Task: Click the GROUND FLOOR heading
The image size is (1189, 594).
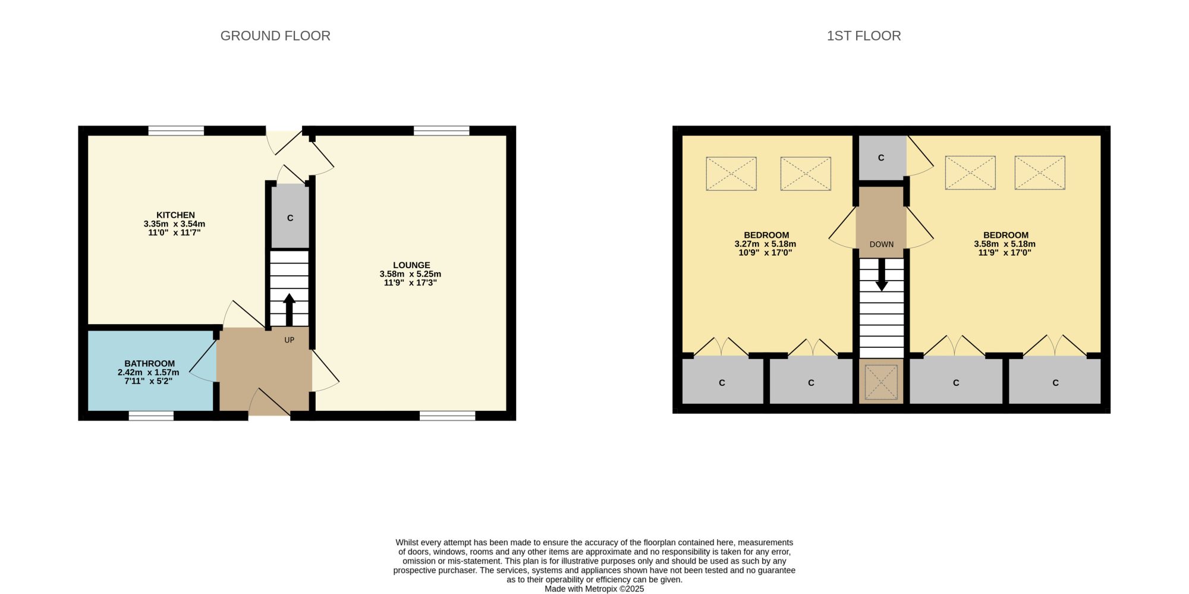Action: (275, 36)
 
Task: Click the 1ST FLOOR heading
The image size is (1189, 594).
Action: (864, 36)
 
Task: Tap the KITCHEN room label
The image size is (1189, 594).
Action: (175, 215)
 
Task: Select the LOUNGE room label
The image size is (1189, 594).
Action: (411, 265)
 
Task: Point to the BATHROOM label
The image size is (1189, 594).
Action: (150, 363)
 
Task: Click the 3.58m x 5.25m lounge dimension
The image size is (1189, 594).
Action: (411, 274)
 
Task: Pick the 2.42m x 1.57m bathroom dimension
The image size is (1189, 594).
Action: (149, 372)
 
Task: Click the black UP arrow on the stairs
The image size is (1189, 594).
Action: (289, 309)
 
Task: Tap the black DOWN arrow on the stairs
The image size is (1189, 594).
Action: (882, 275)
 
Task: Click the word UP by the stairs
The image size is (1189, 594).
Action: (290, 340)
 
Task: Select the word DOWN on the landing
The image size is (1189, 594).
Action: (882, 244)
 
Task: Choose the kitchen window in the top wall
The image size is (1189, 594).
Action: (176, 131)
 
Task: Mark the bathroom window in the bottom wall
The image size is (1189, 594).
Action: (152, 416)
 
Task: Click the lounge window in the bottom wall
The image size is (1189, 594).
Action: (448, 416)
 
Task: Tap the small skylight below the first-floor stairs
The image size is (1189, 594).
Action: (881, 382)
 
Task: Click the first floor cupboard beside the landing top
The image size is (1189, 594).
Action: (882, 158)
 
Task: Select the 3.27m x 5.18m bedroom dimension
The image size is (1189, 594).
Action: (765, 244)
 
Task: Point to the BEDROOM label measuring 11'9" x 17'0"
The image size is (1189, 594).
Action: (1006, 235)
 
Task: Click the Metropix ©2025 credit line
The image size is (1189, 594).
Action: (594, 589)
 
